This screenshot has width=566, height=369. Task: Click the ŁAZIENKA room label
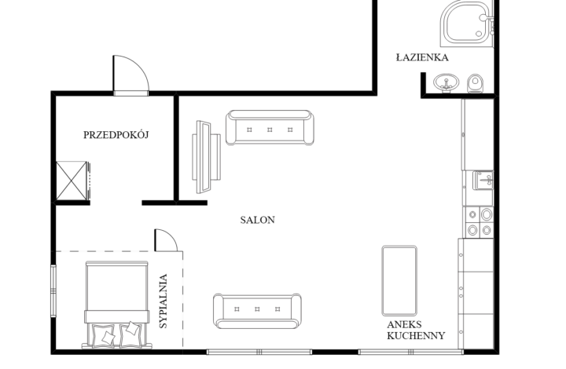[x=422, y=58]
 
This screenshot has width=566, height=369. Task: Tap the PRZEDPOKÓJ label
[x=116, y=135]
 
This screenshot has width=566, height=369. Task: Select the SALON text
[x=257, y=221]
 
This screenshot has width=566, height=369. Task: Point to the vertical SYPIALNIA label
[x=164, y=301]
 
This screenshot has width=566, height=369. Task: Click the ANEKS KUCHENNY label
[x=415, y=330]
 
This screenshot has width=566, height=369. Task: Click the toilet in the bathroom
[x=474, y=84]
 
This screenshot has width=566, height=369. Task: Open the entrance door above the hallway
[x=130, y=76]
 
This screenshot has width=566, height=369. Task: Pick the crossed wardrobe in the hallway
[x=72, y=181]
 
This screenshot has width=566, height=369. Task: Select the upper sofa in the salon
[x=270, y=128]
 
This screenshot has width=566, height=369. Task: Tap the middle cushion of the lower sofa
[x=257, y=310]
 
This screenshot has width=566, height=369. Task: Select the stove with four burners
[x=479, y=222]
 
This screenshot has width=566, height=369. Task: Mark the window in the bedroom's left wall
[x=53, y=290]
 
